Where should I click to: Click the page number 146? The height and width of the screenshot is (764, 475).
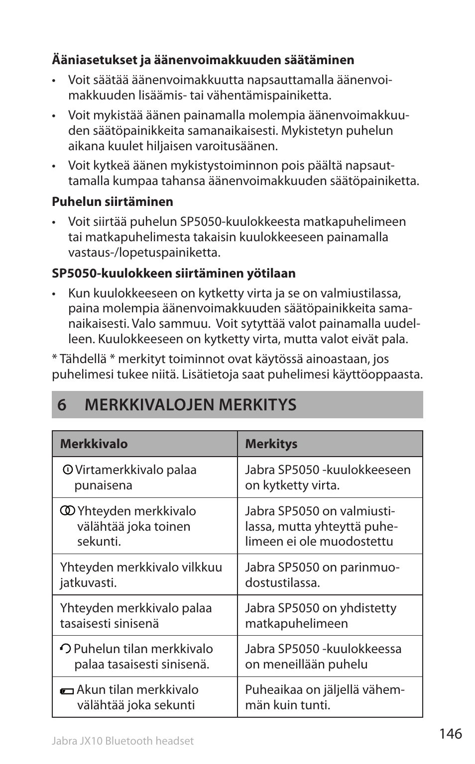(x=451, y=734)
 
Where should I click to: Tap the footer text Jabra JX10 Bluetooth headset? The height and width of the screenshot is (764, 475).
(x=122, y=741)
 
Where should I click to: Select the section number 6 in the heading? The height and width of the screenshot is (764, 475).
(x=61, y=405)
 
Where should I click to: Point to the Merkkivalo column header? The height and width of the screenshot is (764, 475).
(x=94, y=444)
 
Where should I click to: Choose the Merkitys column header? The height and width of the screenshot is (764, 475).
(x=271, y=444)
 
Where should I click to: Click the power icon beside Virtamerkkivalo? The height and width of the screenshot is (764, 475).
(x=68, y=470)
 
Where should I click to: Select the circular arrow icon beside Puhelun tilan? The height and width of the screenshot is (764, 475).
(x=65, y=649)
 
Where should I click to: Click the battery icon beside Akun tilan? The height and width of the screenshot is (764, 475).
(x=66, y=691)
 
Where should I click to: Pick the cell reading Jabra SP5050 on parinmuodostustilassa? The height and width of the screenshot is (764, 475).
(x=322, y=574)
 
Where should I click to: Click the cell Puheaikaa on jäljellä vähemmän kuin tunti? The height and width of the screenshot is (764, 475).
(x=325, y=697)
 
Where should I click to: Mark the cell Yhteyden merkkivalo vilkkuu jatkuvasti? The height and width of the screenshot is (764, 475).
(x=141, y=574)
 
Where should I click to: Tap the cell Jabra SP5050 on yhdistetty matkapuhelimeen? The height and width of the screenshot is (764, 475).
(x=321, y=615)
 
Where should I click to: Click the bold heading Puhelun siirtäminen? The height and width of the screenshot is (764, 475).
(x=113, y=202)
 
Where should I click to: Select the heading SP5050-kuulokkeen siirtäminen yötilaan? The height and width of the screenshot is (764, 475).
(x=174, y=274)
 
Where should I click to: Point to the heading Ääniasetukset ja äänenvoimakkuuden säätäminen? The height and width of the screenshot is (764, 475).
(x=203, y=60)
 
